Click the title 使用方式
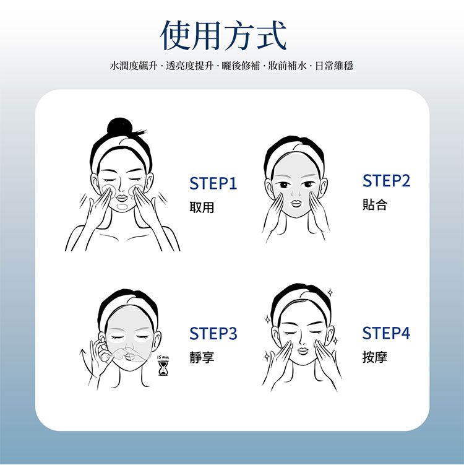(223, 35)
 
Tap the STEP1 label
(213, 184)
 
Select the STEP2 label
(386, 181)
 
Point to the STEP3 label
(213, 334)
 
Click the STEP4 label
(386, 334)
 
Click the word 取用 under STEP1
(202, 208)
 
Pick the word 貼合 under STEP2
(375, 205)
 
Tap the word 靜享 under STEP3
(202, 357)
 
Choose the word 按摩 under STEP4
(375, 357)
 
